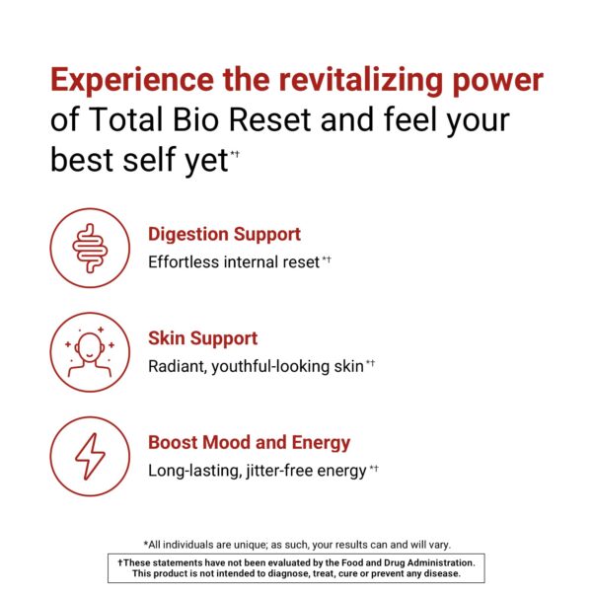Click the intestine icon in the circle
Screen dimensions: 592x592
(x=90, y=248)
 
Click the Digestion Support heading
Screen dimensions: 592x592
(x=224, y=235)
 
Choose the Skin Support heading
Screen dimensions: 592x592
(x=203, y=338)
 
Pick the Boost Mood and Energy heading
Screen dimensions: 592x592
(x=249, y=443)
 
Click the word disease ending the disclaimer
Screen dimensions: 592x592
(x=437, y=573)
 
